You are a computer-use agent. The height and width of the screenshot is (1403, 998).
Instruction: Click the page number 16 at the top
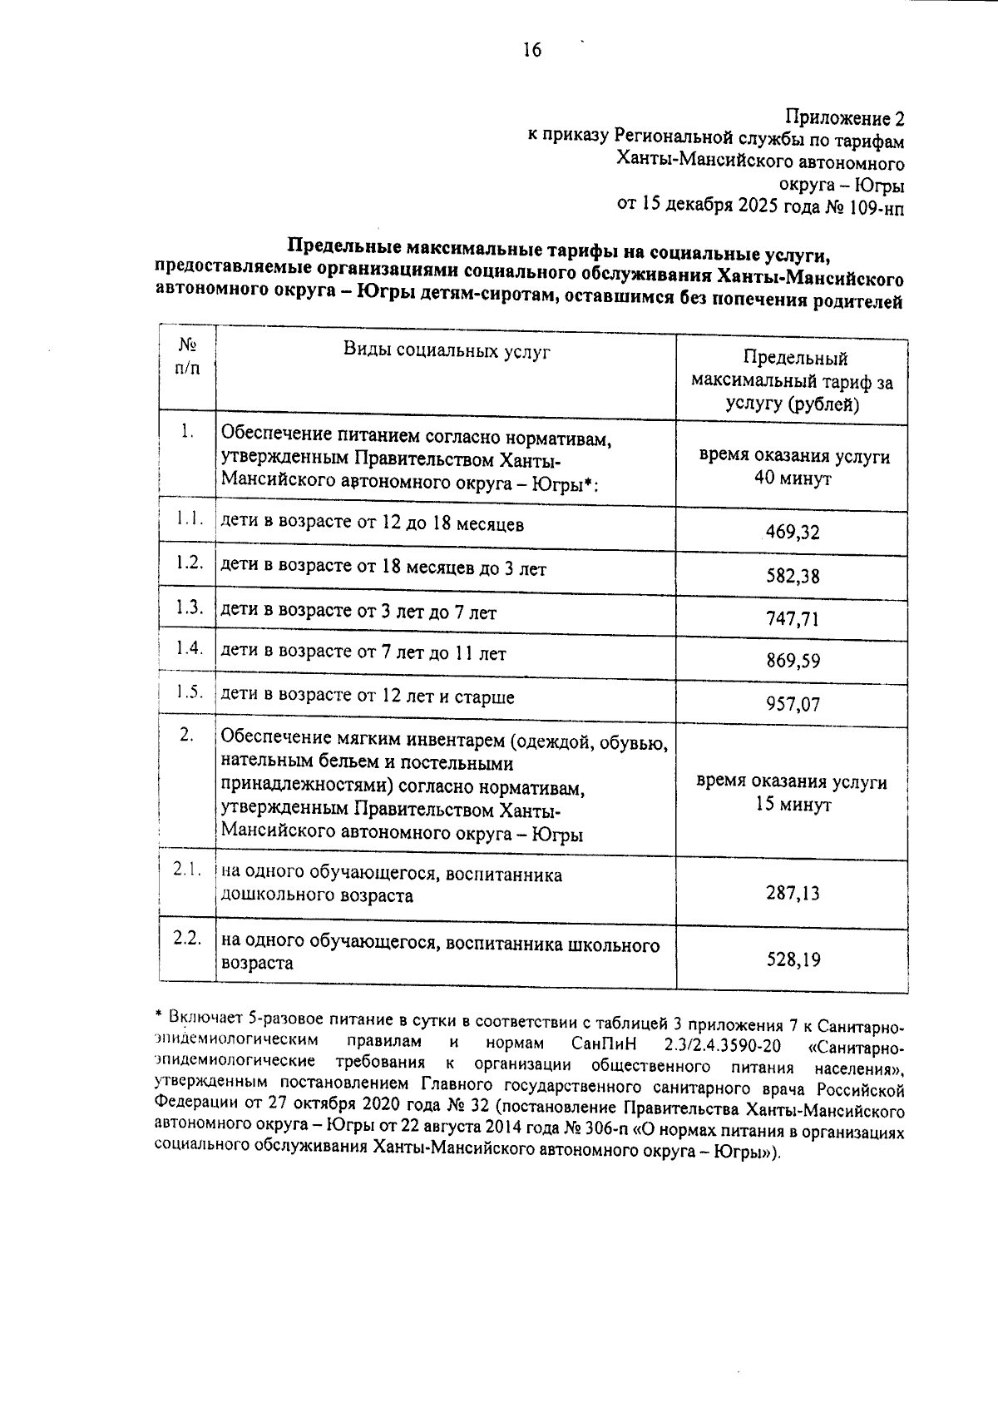point(531,51)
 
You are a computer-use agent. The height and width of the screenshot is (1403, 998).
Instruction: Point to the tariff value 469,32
point(793,533)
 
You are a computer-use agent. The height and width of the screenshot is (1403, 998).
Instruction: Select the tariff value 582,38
point(793,576)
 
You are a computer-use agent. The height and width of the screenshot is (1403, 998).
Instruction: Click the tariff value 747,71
point(793,619)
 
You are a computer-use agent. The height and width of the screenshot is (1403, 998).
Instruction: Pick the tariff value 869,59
point(793,662)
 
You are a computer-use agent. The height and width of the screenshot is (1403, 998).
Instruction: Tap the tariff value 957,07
point(793,705)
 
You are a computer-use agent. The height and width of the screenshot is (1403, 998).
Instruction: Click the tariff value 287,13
point(793,894)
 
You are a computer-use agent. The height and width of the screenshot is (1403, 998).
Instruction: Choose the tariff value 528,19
point(793,960)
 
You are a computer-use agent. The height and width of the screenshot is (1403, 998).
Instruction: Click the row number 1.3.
point(189,607)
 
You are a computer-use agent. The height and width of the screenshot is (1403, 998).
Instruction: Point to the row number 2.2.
point(188,938)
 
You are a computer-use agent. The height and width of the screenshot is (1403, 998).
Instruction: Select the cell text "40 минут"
point(793,480)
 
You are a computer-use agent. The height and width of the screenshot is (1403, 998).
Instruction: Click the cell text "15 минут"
point(793,806)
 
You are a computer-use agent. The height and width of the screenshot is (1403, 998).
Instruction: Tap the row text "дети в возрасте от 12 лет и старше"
point(367,697)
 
